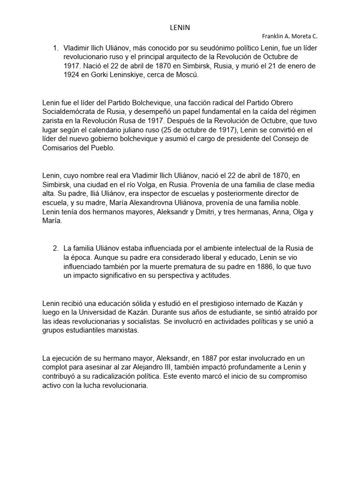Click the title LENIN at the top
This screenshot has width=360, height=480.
point(180,28)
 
